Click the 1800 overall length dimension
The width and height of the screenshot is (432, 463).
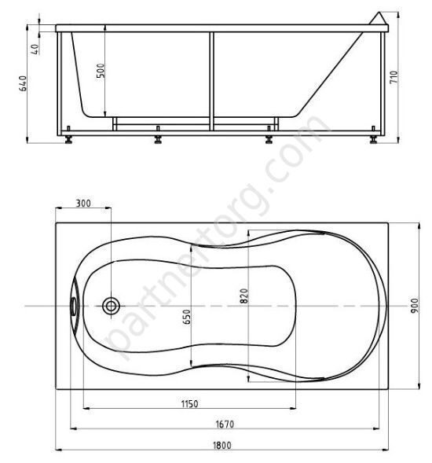pos(222,445)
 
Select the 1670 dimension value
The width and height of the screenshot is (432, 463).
pos(225,424)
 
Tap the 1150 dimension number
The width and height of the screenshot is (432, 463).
pos(189,403)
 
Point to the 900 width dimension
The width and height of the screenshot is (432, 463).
pos(415,306)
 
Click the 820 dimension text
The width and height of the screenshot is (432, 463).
pos(244,296)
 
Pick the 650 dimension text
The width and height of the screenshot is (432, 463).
pos(187,317)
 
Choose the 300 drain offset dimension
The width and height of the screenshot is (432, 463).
pos(83,204)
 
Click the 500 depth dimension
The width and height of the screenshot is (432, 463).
pos(101,71)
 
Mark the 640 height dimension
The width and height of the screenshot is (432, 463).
pos(23,83)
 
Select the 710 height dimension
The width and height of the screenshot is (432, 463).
pos(394,77)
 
